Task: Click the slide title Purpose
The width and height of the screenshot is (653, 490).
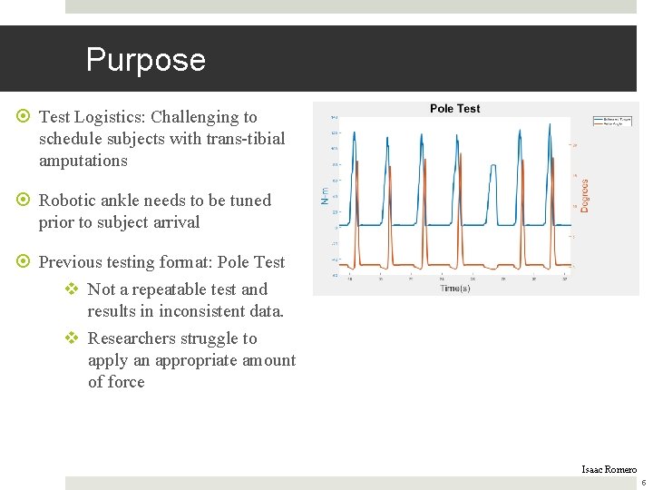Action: [x=145, y=60]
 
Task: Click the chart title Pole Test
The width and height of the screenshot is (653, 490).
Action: [x=454, y=108]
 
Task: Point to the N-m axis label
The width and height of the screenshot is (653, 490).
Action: [x=325, y=195]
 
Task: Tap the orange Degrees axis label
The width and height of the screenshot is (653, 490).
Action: [x=584, y=195]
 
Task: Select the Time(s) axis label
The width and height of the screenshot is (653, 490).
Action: [x=454, y=288]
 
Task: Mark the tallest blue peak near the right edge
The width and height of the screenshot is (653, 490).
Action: [x=550, y=127]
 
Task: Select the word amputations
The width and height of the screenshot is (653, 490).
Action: [x=83, y=161]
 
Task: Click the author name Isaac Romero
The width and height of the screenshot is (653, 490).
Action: [x=609, y=469]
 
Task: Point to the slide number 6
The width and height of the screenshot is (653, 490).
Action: [x=643, y=483]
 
